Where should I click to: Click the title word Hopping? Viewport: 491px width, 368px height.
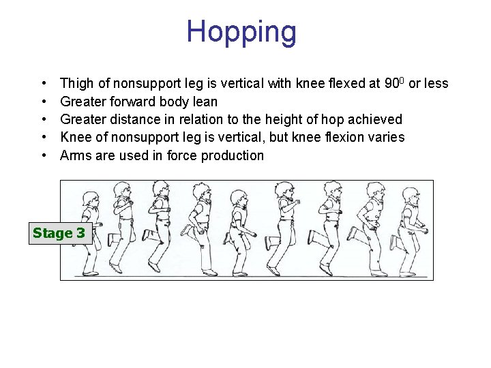coord(241,31)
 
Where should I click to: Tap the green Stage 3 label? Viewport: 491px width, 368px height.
coord(59,233)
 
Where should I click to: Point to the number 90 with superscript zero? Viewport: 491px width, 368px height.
coord(394,84)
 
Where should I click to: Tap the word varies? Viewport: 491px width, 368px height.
coord(385,137)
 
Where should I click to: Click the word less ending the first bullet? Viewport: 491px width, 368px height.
coord(436,84)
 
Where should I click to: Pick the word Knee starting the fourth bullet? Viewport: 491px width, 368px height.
coord(75,137)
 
